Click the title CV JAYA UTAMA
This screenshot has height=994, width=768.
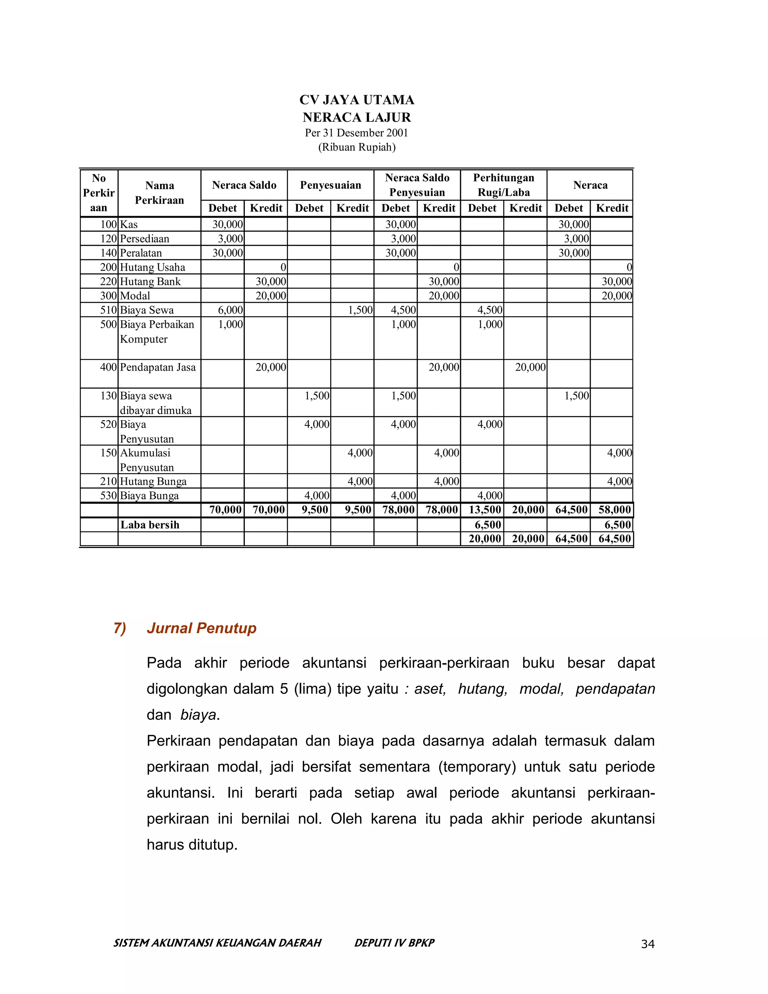click(x=357, y=100)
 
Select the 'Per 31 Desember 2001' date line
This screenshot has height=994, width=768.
click(x=356, y=133)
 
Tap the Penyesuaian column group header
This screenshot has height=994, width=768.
click(x=330, y=185)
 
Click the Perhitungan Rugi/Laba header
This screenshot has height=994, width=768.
click(x=503, y=185)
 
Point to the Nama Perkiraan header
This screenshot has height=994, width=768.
click(x=159, y=192)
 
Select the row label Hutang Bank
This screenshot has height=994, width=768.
click(x=150, y=282)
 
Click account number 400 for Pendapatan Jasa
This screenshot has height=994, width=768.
click(x=108, y=367)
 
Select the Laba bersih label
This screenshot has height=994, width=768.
click(x=150, y=525)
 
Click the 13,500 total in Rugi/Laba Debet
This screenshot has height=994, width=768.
click(x=484, y=510)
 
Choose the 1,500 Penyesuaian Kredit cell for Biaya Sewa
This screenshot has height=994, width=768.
click(x=360, y=311)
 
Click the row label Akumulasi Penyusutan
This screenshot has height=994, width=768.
click(x=147, y=460)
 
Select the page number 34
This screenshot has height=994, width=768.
click(x=647, y=944)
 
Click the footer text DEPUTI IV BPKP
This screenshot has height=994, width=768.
click(x=394, y=943)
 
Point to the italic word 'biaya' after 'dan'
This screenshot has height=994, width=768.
click(x=198, y=715)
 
